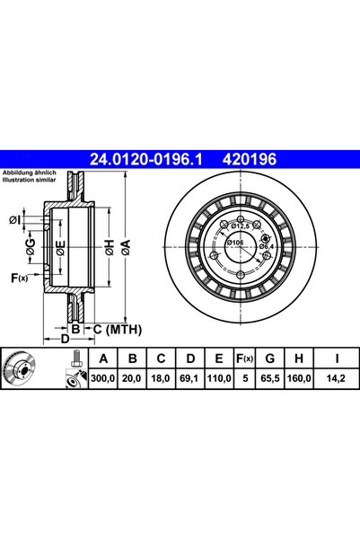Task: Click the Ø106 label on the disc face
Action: click(234, 243)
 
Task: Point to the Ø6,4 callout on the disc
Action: click(268, 246)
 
